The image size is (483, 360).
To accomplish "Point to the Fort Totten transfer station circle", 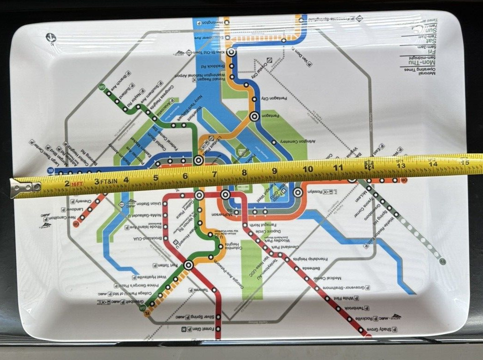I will pyautogui.click(x=188, y=265).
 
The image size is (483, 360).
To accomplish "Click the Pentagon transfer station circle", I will pyautogui.click(x=254, y=117).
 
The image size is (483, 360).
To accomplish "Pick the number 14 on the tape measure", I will pyautogui.click(x=433, y=164).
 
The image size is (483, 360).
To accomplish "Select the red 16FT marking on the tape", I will pyautogui.click(x=77, y=184).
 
